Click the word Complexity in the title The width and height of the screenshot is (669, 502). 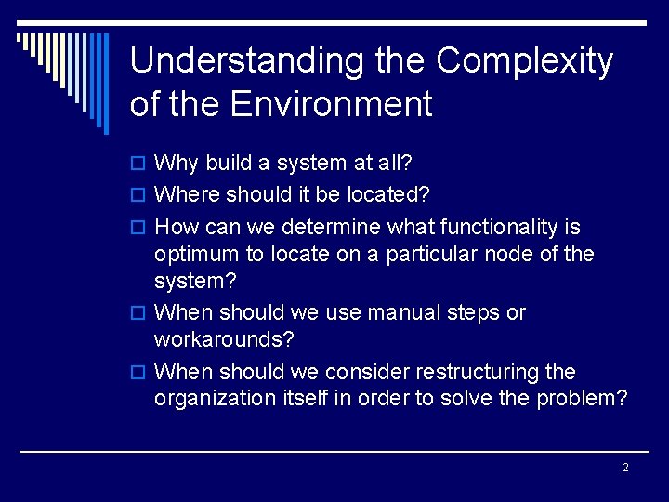click(525, 61)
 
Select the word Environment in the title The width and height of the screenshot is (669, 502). click(331, 103)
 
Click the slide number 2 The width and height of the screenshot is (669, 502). click(625, 468)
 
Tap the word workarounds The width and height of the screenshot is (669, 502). click(223, 339)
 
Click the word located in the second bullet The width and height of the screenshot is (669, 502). click(391, 195)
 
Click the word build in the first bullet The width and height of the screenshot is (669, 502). click(229, 164)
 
